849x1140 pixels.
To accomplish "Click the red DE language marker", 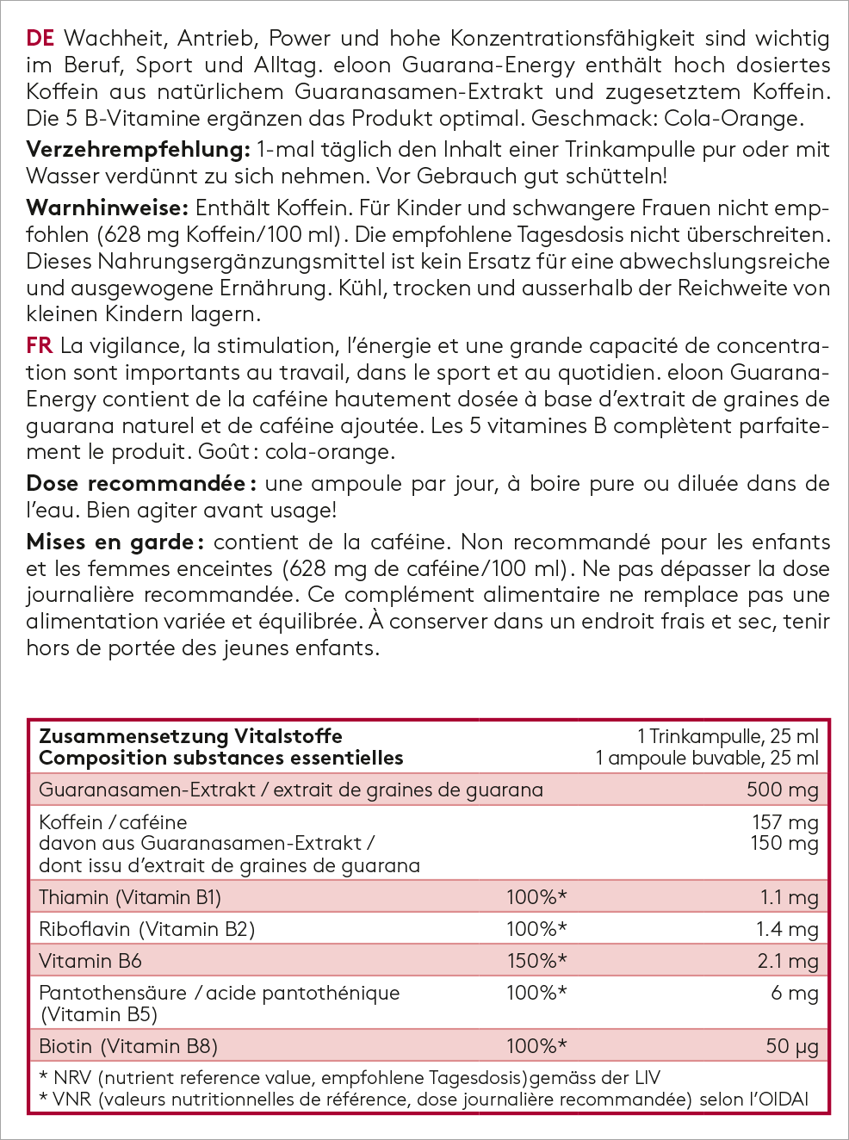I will [x=40, y=39].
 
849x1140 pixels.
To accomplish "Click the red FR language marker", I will [x=40, y=346].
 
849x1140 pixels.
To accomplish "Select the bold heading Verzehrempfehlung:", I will [x=138, y=150].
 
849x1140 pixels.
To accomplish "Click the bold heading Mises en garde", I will [x=115, y=542].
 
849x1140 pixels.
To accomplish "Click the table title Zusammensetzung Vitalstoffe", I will [x=190, y=736].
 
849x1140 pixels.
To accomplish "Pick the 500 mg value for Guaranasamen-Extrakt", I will [x=782, y=790].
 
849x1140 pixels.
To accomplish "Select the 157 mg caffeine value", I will [x=784, y=822].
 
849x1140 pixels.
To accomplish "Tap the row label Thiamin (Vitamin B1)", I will [x=130, y=897].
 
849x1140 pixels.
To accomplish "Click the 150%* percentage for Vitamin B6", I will [x=536, y=961].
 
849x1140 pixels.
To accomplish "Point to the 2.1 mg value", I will [x=787, y=961].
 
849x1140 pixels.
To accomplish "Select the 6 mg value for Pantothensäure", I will [x=794, y=993].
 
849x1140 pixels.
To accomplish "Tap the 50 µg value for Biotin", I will [x=791, y=1046].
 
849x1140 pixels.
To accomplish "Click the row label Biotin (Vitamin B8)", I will [x=128, y=1046].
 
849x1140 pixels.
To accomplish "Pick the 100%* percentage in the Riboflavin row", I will [x=536, y=929].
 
